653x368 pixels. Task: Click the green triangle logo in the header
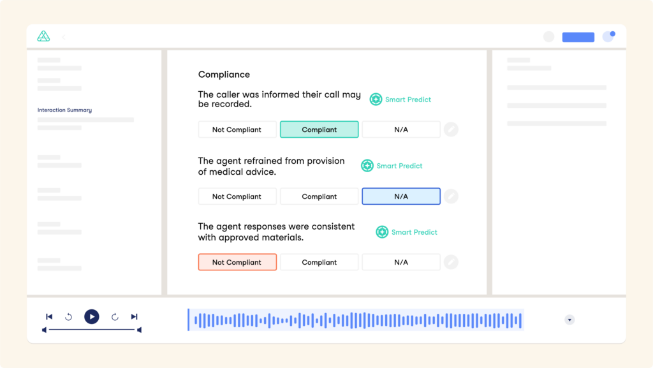(x=43, y=36)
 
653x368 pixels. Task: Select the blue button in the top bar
(x=578, y=37)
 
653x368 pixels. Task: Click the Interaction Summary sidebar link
(x=64, y=110)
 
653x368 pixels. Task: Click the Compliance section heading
(x=224, y=75)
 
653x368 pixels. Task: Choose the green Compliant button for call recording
(x=319, y=129)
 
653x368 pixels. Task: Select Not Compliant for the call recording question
(x=237, y=129)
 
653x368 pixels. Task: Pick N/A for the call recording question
(x=401, y=129)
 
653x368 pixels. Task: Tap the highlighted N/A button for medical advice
(x=401, y=196)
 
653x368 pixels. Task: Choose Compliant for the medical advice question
(x=319, y=196)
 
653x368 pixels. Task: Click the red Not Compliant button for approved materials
(x=237, y=262)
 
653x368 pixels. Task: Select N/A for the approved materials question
(x=401, y=262)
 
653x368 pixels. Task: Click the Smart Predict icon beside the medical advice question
(x=367, y=166)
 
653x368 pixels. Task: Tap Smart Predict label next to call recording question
(x=408, y=99)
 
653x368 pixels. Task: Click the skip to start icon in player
(x=49, y=317)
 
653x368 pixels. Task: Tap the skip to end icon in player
(x=134, y=317)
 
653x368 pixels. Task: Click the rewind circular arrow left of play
(x=68, y=317)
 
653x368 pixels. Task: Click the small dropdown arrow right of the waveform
(x=569, y=320)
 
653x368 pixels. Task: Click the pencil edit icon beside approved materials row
(x=451, y=262)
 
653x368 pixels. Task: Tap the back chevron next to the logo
(x=64, y=37)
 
